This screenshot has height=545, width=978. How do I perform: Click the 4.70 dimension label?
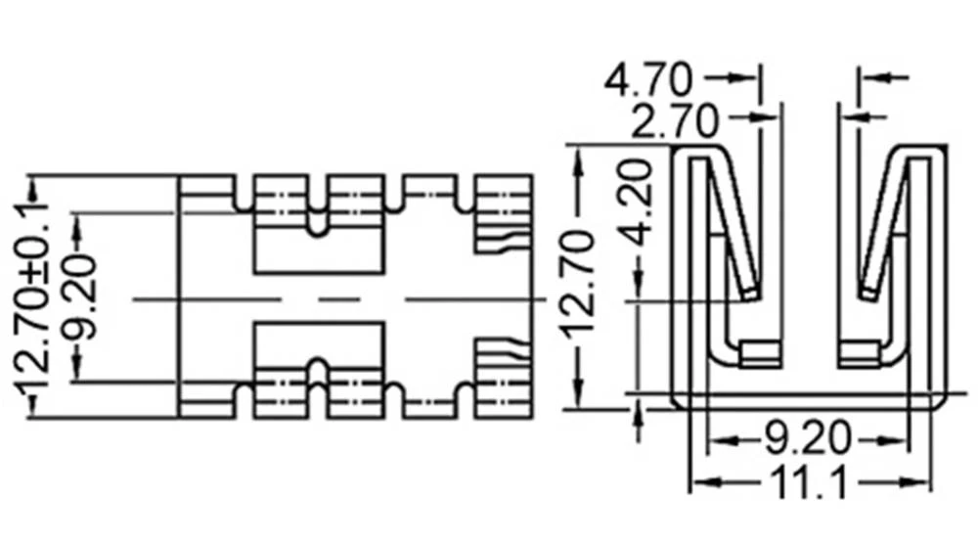click(647, 78)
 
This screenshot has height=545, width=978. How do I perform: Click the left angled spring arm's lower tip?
click(749, 291)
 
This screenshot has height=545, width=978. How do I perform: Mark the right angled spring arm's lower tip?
click(868, 291)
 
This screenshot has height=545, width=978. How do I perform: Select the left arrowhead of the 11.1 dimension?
click(703, 482)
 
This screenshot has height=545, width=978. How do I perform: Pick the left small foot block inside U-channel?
click(760, 353)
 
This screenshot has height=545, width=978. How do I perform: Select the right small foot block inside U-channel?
click(860, 353)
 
